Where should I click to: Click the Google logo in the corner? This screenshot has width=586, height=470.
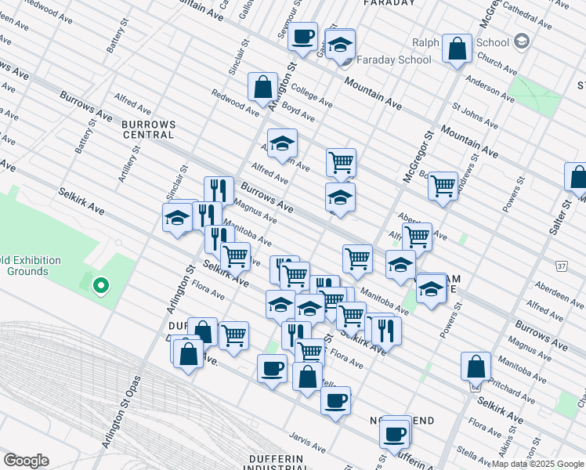(26, 461)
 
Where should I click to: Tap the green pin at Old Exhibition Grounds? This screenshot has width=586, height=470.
(99, 287)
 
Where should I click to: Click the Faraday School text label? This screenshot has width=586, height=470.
(394, 60)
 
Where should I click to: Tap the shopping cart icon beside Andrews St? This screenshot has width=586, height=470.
(443, 186)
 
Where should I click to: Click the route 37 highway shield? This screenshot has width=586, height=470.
(562, 266)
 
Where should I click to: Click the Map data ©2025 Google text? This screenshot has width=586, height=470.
(537, 464)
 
